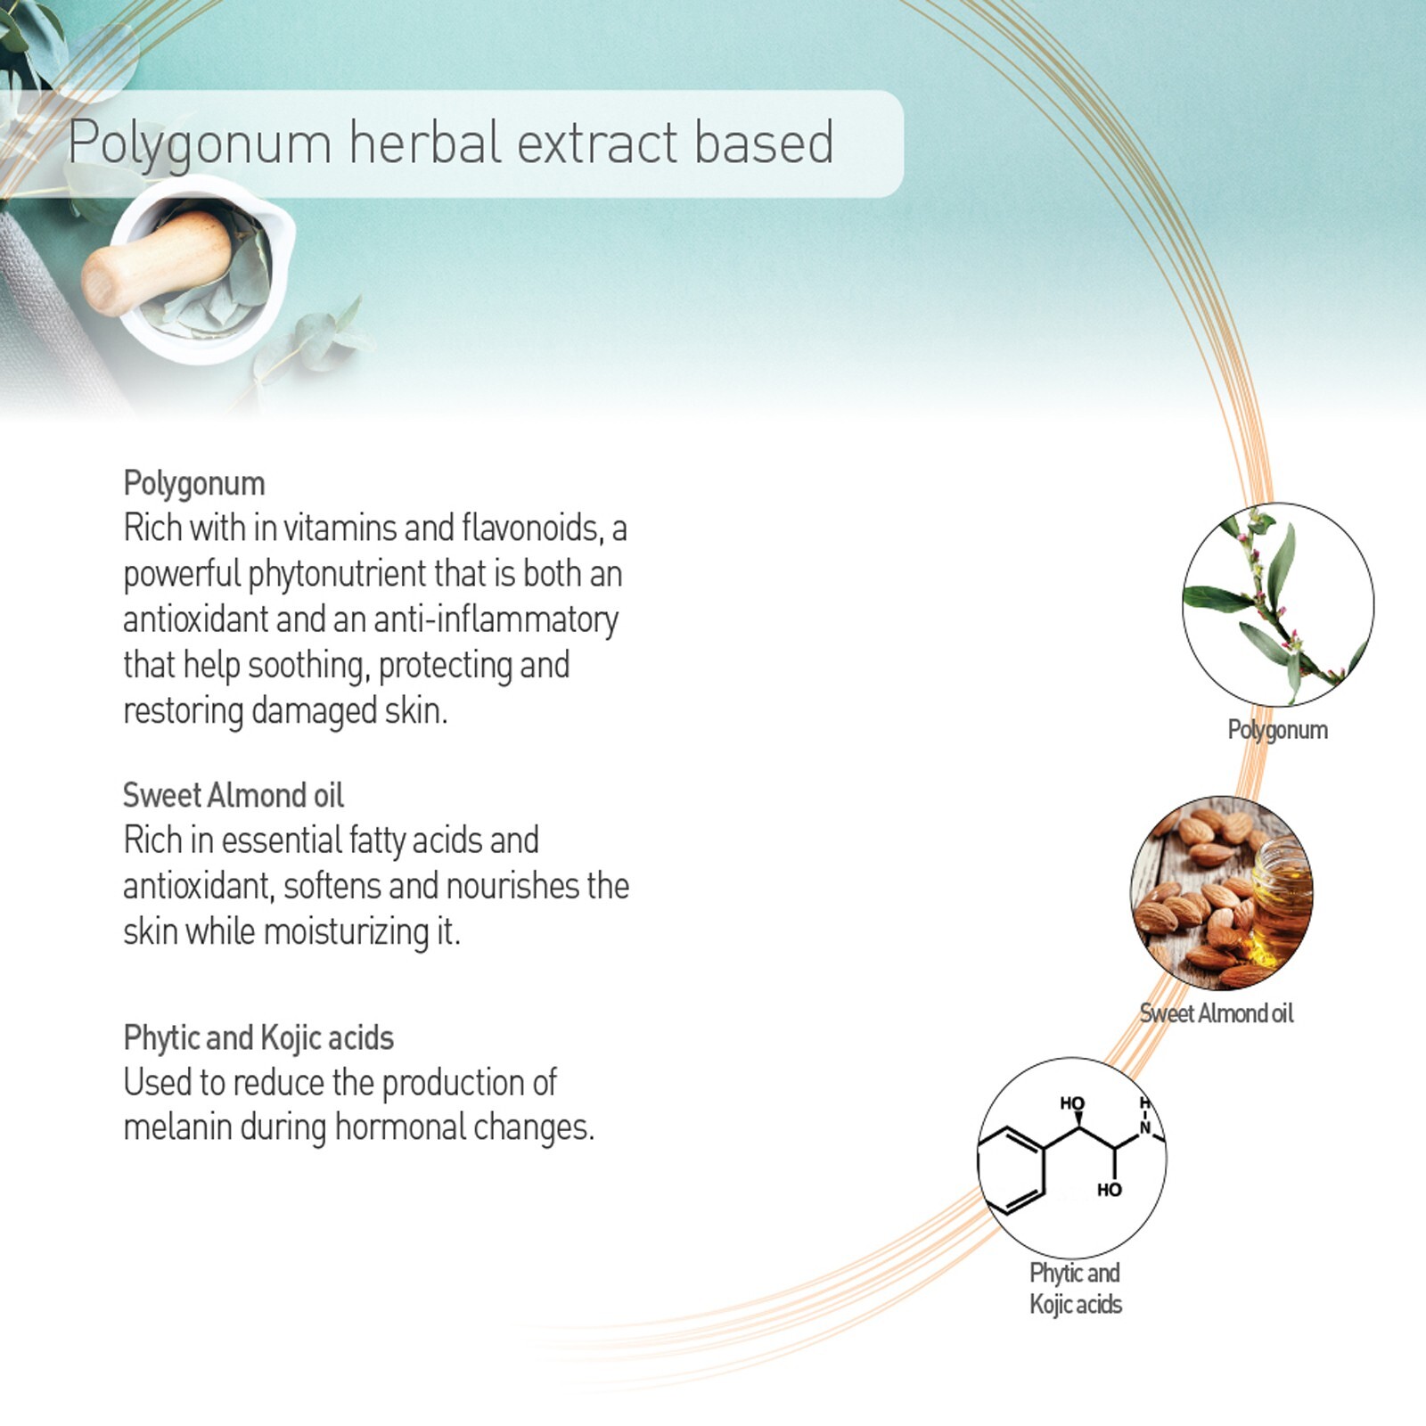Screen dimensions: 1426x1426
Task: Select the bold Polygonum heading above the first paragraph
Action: click(194, 484)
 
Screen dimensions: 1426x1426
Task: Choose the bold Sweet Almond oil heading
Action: click(234, 794)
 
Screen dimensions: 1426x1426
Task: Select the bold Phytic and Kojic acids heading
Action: click(258, 1038)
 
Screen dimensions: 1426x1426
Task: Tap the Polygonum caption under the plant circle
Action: click(1278, 730)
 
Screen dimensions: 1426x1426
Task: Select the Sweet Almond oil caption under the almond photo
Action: click(1217, 1013)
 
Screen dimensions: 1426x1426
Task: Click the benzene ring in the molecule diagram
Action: click(1010, 1169)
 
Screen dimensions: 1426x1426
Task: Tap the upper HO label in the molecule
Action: click(1072, 1103)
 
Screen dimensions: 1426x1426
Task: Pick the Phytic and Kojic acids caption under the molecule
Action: click(1076, 1289)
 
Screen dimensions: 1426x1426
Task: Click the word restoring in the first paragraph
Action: click(184, 711)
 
